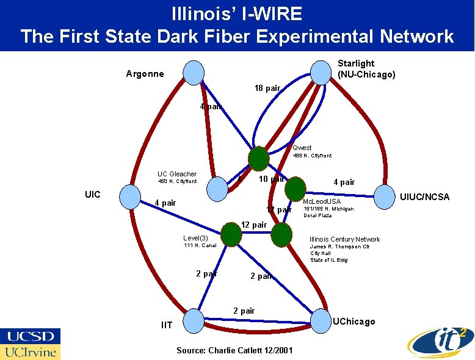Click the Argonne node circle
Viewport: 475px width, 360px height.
pyautogui.click(x=194, y=73)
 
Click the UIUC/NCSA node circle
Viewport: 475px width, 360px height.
pyautogui.click(x=385, y=196)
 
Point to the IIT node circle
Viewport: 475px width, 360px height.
pyautogui.click(x=194, y=319)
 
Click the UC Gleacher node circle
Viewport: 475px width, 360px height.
pyautogui.click(x=217, y=189)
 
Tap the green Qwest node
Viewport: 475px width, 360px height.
pyautogui.click(x=258, y=159)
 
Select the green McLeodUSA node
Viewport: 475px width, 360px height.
pyautogui.click(x=296, y=188)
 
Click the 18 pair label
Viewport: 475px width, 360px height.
pyautogui.click(x=267, y=88)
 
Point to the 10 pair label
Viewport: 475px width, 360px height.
pyautogui.click(x=271, y=179)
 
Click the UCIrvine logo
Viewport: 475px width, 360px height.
pyautogui.click(x=31, y=352)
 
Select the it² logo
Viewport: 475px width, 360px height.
pyautogui.click(x=437, y=341)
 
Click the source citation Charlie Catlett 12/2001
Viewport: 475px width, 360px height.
pyautogui.click(x=234, y=350)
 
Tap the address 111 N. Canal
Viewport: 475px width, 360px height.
pyautogui.click(x=200, y=245)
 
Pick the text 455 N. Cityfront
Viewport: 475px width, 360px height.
pyautogui.click(x=312, y=156)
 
